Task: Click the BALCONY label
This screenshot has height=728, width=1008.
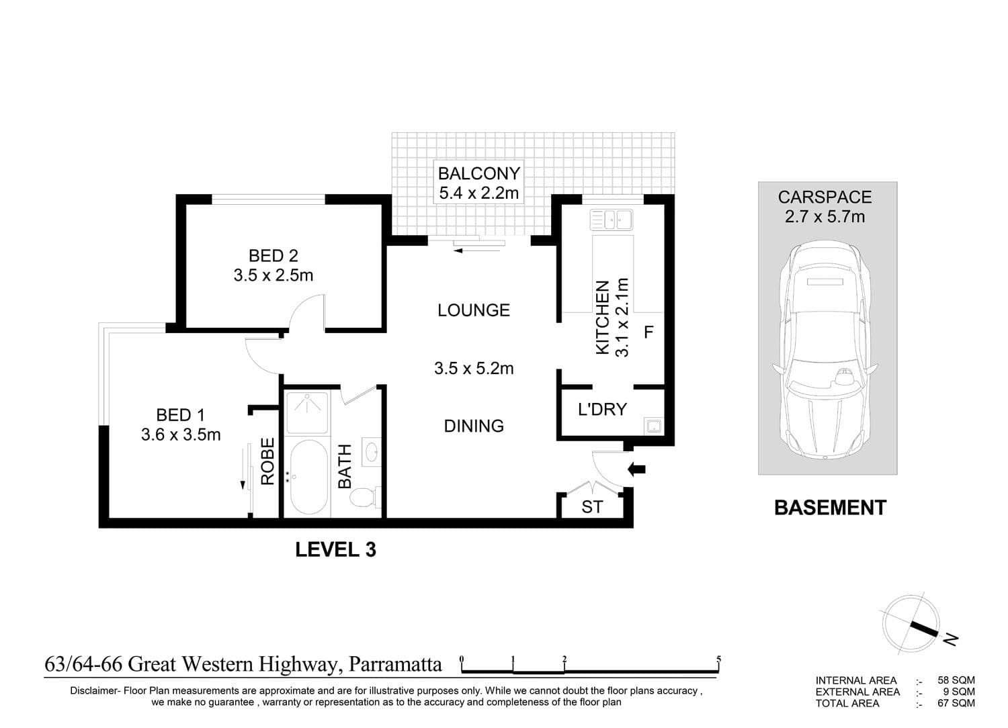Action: pos(478,173)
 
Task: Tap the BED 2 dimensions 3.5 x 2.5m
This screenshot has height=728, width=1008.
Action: pos(273,275)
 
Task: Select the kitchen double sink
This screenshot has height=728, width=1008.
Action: pos(612,220)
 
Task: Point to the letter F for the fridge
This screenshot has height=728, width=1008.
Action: pos(648,332)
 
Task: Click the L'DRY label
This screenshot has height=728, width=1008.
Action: pos(602,409)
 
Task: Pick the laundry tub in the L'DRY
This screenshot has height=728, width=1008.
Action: pos(654,425)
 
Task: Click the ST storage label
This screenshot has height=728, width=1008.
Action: pos(592,507)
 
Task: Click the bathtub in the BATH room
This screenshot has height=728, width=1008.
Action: pos(308,477)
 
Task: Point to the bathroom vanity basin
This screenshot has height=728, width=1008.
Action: pos(372,453)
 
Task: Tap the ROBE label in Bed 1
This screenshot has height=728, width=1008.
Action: pos(267,461)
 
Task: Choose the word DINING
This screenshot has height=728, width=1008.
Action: pos(473,426)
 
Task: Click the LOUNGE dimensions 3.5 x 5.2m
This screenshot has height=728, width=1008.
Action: pos(473,368)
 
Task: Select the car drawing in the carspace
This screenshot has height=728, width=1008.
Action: pos(825,351)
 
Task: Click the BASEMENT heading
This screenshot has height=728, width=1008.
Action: pos(830,507)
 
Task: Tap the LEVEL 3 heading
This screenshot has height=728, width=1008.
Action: pos(335,549)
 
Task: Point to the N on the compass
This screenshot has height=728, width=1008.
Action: pos(951,639)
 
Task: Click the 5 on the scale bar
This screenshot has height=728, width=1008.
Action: pos(718,659)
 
